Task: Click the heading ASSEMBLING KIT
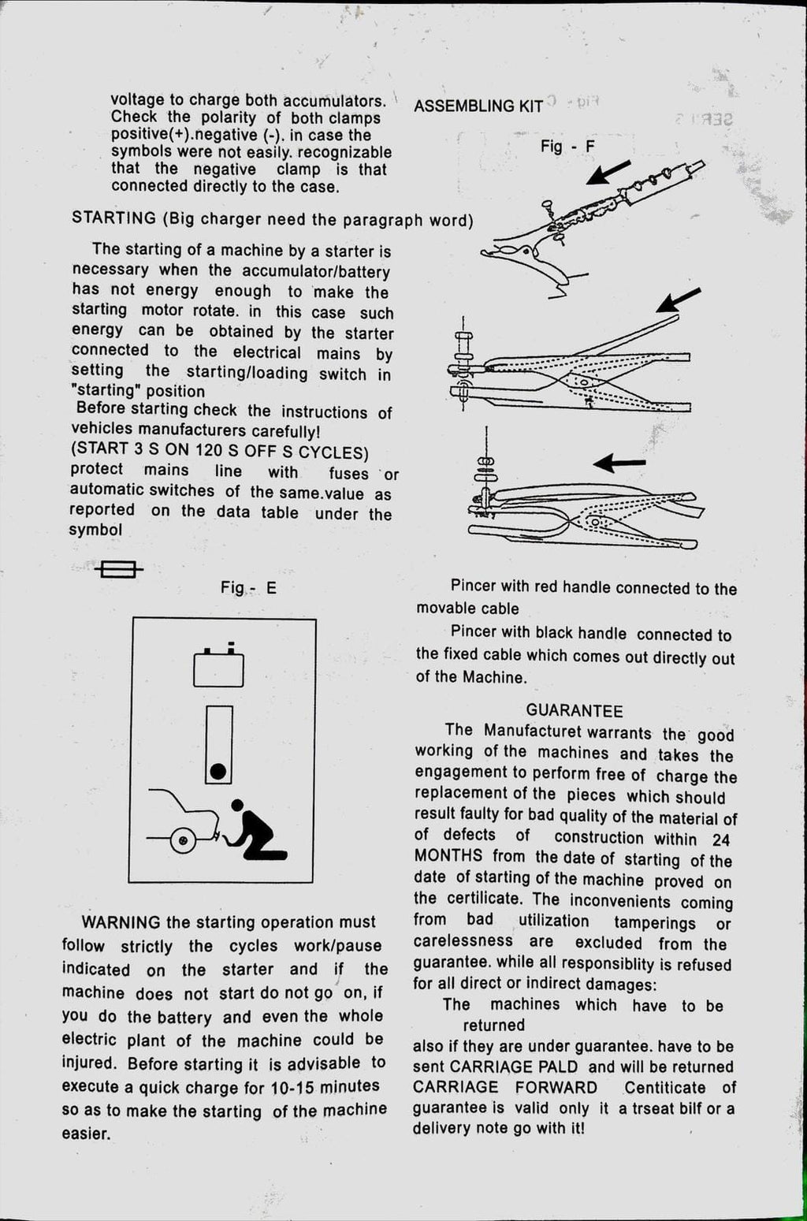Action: [478, 106]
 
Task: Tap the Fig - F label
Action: [567, 147]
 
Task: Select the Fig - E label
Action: [248, 588]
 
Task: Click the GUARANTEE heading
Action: [575, 711]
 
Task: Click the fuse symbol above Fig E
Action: [118, 568]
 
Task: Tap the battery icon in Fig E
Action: [218, 668]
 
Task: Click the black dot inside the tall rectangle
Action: [218, 769]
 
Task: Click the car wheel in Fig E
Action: [184, 841]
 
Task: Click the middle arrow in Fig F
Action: [678, 300]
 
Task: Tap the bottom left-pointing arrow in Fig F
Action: [619, 463]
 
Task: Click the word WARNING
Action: [121, 922]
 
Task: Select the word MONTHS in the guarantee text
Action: [448, 856]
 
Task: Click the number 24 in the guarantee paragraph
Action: [720, 839]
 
